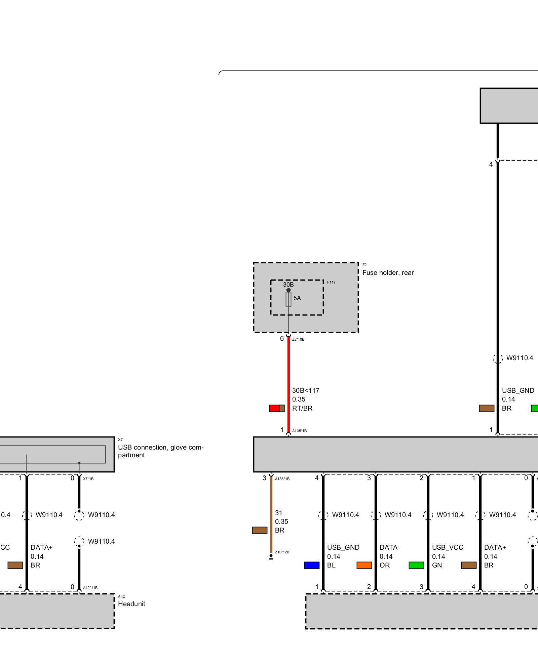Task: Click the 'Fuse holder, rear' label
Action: coord(388,272)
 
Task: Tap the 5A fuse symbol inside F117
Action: coord(288,299)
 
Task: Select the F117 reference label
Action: coord(331,282)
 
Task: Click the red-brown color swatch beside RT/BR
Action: coord(277,408)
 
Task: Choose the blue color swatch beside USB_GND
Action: coord(312,565)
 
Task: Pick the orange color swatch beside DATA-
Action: coord(364,565)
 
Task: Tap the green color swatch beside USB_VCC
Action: coord(416,565)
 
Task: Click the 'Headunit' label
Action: coord(131,604)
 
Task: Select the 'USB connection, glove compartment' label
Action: coord(160,451)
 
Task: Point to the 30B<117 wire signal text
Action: coord(306,390)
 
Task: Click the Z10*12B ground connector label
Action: coord(282,552)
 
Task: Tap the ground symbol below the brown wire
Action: coord(271,557)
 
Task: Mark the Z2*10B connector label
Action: coord(298,339)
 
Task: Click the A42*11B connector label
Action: coord(90,588)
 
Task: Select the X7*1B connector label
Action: coord(88,479)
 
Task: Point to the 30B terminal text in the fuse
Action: coord(288,285)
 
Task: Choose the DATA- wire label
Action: coord(390,547)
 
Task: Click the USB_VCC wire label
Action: coord(448,547)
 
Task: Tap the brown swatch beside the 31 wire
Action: coord(260,530)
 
